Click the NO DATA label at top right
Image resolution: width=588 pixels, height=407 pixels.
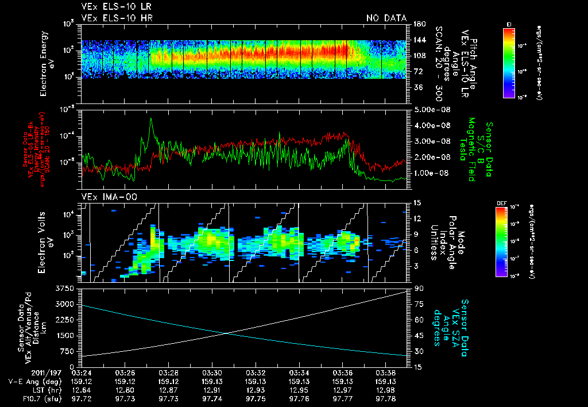tap(386, 18)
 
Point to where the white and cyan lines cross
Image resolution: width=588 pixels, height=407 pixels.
tap(226, 333)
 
